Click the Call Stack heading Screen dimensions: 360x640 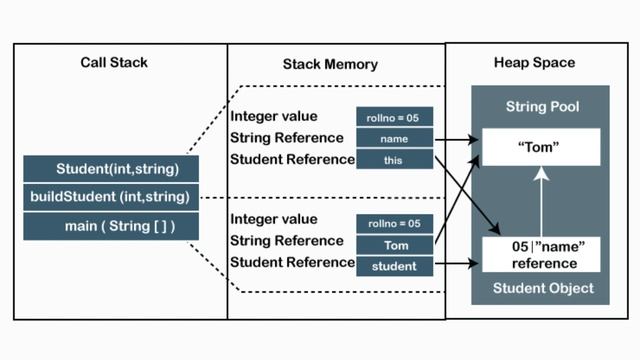tap(114, 63)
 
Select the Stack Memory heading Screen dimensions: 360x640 tap(330, 64)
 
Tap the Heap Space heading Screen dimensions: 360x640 tap(534, 63)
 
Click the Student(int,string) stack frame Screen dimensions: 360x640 tap(111, 168)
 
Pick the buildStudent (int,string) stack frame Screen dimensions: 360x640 tap(111, 196)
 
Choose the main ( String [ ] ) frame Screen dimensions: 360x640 tap(111, 225)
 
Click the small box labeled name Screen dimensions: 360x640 tap(394, 138)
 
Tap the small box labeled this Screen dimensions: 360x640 tap(394, 159)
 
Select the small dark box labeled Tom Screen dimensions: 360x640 tap(394, 243)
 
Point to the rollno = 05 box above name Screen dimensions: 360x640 tap(394, 117)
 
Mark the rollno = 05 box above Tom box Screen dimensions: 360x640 tap(394, 222)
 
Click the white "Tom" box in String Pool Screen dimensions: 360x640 tap(538, 146)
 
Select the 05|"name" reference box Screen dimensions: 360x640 tap(538, 255)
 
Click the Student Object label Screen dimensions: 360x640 tap(540, 288)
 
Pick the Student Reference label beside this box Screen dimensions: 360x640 tap(292, 158)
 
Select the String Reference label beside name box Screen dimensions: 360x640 tap(288, 138)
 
